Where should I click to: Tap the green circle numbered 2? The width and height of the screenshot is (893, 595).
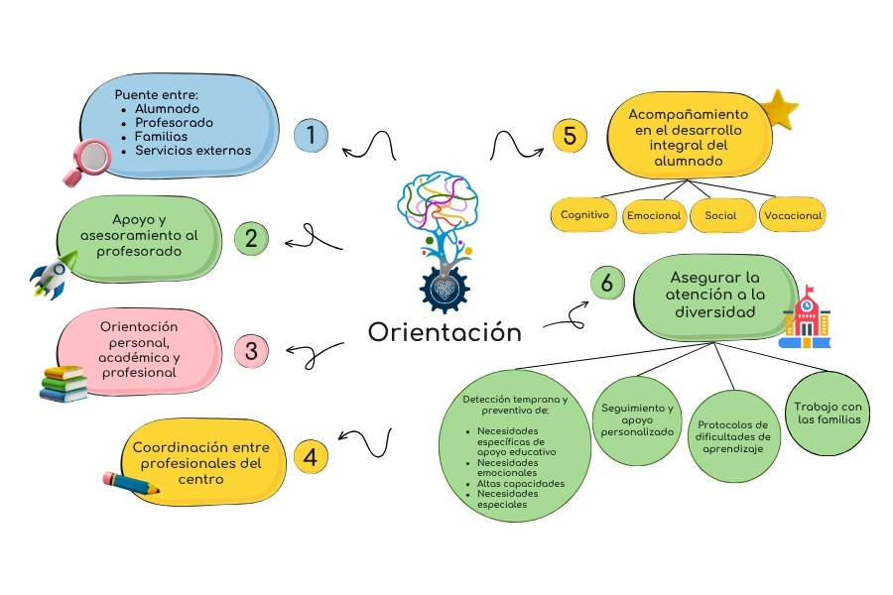click(251, 238)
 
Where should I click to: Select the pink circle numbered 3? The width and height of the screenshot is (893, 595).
click(251, 350)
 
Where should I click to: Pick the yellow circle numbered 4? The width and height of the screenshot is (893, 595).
click(311, 456)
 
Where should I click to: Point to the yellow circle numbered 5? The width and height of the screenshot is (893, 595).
click(570, 135)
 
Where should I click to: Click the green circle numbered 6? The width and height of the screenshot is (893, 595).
click(606, 283)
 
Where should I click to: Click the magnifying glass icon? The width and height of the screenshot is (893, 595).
click(85, 161)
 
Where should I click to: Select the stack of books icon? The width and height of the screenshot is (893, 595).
click(64, 383)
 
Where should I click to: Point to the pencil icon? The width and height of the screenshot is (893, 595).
click(130, 484)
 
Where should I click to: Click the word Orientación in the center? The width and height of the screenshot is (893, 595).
click(445, 332)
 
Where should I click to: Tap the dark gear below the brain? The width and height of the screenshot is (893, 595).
click(443, 289)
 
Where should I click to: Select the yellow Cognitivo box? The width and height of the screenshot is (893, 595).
click(584, 214)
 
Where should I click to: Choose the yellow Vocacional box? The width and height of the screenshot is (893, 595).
click(792, 214)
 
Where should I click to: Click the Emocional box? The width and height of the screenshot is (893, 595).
click(653, 215)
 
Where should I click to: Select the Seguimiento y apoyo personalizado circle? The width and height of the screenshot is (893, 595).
click(637, 420)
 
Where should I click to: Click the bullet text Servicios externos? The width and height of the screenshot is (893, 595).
click(192, 151)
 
